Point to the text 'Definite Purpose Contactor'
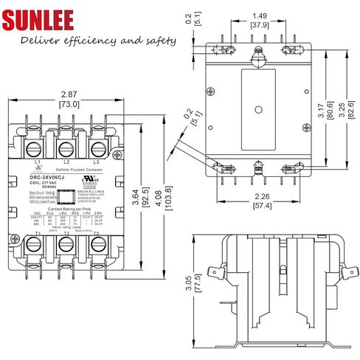pyautogui.click(x=66, y=171)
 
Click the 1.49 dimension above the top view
pyautogui.click(x=259, y=15)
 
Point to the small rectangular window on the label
pyautogui.click(x=66, y=196)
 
